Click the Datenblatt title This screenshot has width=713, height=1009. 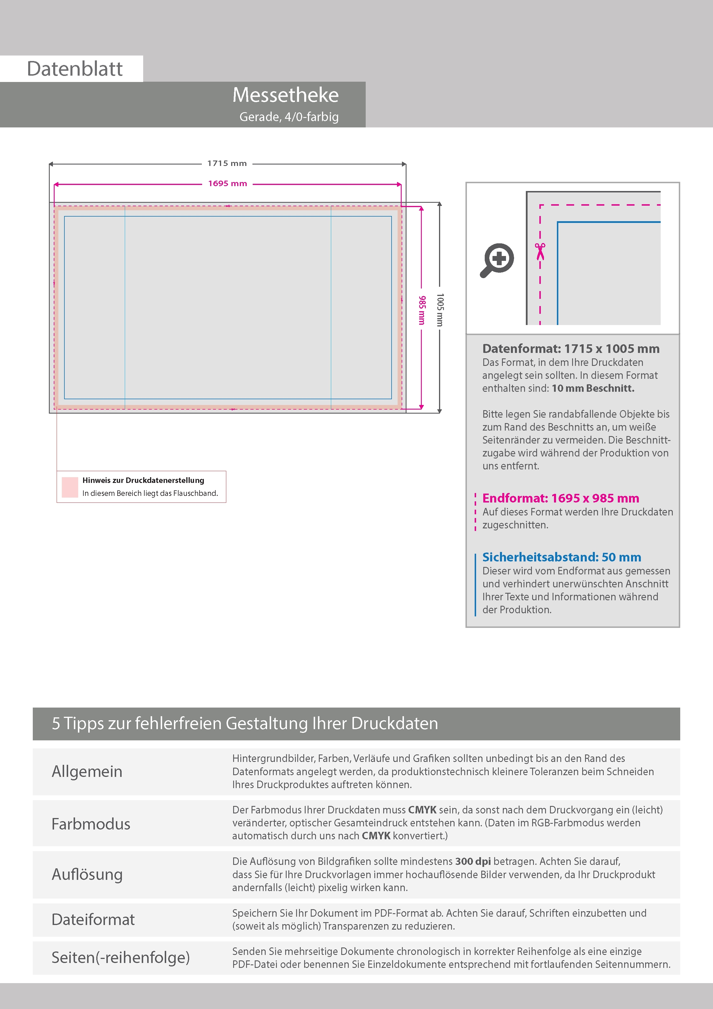pos(75,69)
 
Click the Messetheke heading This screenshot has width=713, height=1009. pos(285,95)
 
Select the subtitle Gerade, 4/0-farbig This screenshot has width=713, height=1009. pos(289,117)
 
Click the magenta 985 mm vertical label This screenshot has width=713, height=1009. pos(422,310)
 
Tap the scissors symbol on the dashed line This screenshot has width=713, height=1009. pos(540,251)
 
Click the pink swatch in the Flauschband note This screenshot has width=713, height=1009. pos(70,487)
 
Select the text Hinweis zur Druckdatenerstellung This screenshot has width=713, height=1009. pos(143,480)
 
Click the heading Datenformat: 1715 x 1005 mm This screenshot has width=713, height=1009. pos(571,349)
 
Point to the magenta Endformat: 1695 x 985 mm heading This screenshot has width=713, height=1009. pos(561,498)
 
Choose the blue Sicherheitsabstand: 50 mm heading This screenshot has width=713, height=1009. pos(561,557)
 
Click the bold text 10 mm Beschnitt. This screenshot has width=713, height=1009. pos(593,389)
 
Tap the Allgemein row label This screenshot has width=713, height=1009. pos(87,772)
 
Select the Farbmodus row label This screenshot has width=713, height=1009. pos(91,824)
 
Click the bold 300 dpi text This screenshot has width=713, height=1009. pos(473,861)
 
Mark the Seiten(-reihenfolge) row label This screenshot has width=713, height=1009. pos(121,957)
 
